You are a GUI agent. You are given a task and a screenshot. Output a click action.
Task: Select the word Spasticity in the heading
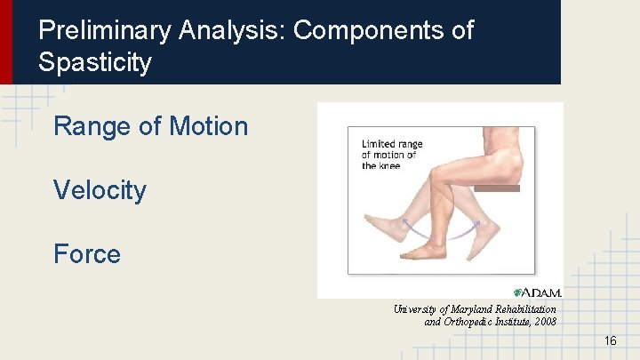[x=95, y=63]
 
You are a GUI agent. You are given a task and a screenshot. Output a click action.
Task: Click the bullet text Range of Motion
[x=150, y=126]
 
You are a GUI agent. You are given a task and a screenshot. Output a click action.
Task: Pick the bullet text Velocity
[x=100, y=190]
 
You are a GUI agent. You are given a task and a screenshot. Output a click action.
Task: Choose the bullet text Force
[x=86, y=254]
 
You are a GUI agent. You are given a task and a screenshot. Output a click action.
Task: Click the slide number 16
[x=610, y=341]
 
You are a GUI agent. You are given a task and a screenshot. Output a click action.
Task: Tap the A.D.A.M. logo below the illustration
[x=538, y=292]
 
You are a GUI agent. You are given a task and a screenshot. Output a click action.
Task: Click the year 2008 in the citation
[x=543, y=322]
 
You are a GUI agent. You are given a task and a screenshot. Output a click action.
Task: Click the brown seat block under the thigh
[x=495, y=188]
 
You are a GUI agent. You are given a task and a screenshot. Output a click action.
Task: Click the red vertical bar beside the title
[x=6, y=42]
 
